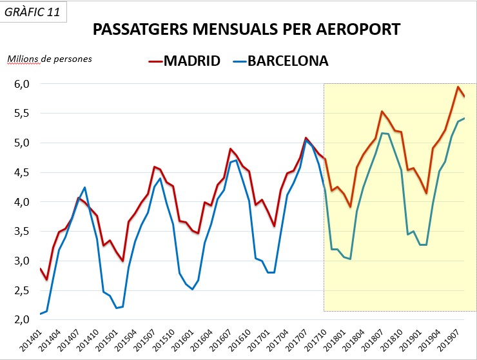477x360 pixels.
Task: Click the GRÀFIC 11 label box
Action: click(34, 12)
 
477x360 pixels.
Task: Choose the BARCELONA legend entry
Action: click(287, 61)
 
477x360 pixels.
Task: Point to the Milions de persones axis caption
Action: click(50, 59)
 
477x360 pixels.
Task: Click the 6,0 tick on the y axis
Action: click(22, 84)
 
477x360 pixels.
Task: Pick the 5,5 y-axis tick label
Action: click(22, 114)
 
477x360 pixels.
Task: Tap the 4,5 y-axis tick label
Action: click(22, 172)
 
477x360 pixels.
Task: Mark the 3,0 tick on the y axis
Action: click(22, 261)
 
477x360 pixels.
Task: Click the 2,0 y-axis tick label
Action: click(22, 320)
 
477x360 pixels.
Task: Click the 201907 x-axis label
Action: click(450, 340)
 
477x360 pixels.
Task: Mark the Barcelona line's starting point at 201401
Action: click(40, 314)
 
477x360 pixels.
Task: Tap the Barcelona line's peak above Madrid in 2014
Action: click(84, 188)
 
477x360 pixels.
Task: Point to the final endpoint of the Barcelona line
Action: click(464, 118)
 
